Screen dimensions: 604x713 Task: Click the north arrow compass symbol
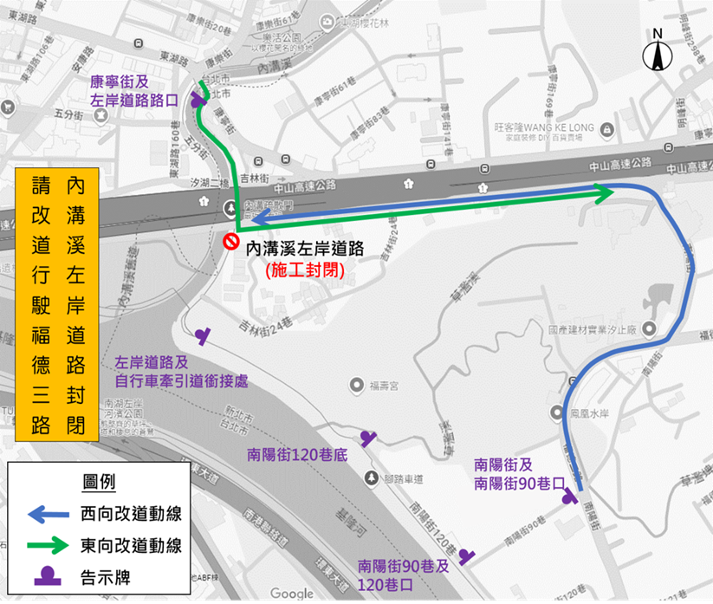[658, 53]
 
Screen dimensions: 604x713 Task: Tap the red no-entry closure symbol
[231, 241]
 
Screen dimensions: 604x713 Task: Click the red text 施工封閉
[305, 270]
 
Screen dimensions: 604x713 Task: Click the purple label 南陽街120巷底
[296, 451]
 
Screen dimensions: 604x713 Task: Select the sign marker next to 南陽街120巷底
[368, 438]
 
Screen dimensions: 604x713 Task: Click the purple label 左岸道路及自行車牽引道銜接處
[181, 371]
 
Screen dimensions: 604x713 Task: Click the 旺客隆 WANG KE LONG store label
[544, 127]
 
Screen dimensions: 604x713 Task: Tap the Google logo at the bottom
[292, 593]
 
